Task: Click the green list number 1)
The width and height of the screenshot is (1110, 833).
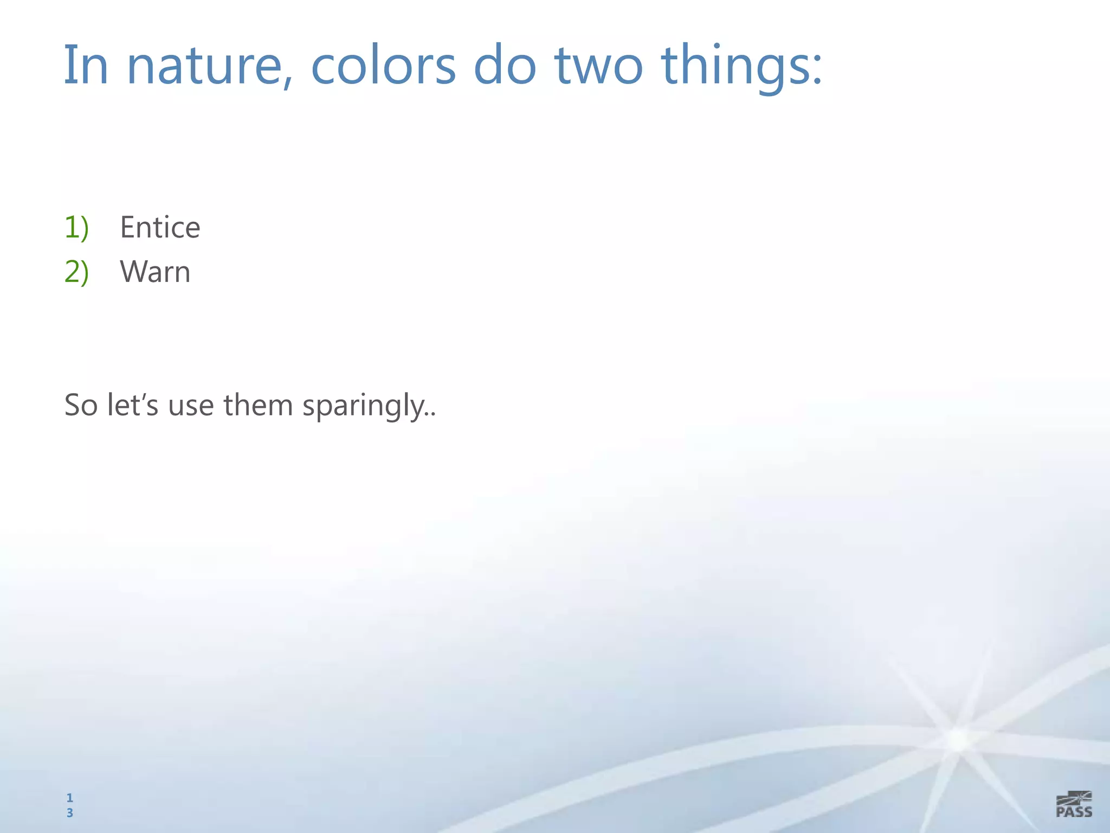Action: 76,227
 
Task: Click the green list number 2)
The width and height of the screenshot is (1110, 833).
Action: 76,272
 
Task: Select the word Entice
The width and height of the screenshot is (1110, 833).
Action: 160,227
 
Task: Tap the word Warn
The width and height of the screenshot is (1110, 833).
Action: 155,272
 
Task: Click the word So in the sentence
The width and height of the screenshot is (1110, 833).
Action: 81,405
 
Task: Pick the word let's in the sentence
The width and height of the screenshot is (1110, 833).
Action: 133,405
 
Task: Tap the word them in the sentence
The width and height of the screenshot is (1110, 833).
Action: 258,405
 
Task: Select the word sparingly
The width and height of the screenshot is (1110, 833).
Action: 366,407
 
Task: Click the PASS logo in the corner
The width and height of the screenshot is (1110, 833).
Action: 1074,804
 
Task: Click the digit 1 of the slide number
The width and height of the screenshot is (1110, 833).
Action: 69,798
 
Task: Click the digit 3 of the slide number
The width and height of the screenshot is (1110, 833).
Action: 69,812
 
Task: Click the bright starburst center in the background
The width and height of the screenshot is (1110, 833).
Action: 958,739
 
